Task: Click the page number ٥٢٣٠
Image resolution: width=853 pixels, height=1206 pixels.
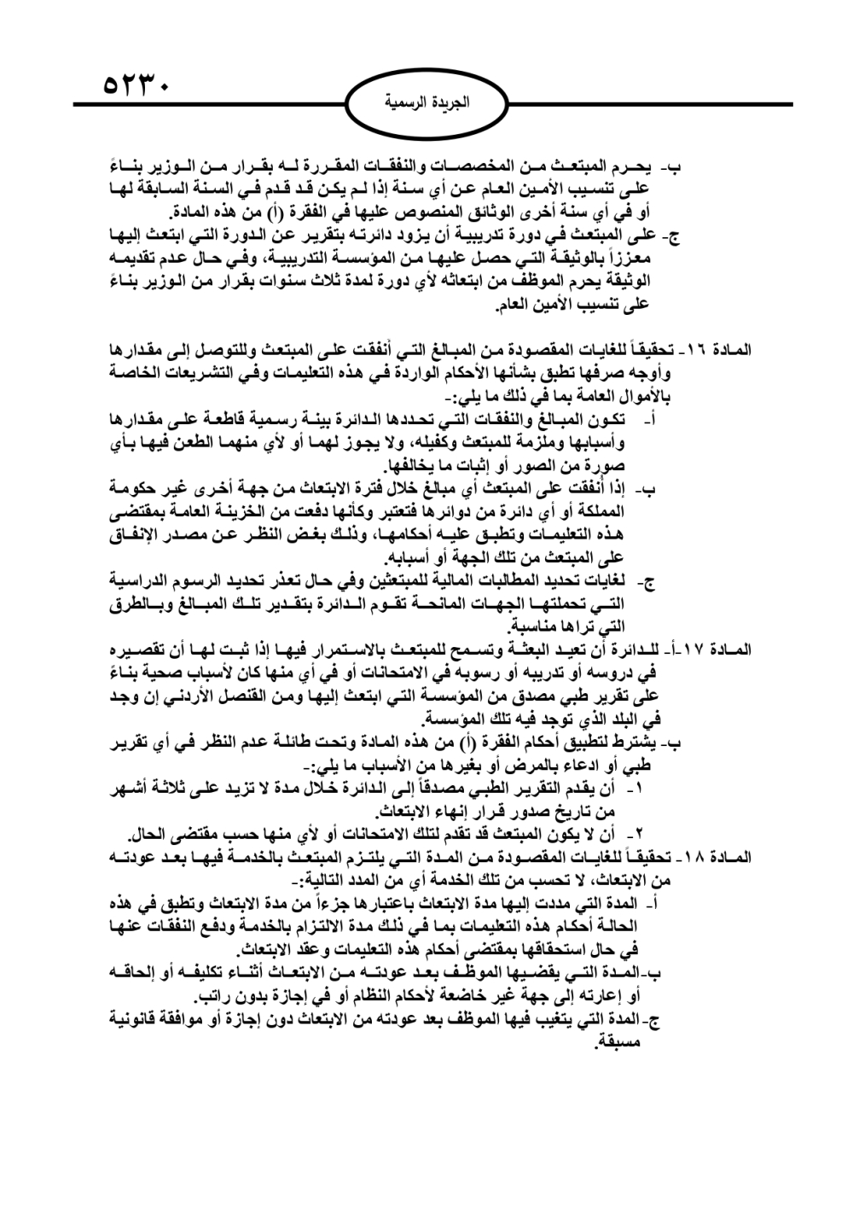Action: [x=136, y=84]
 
